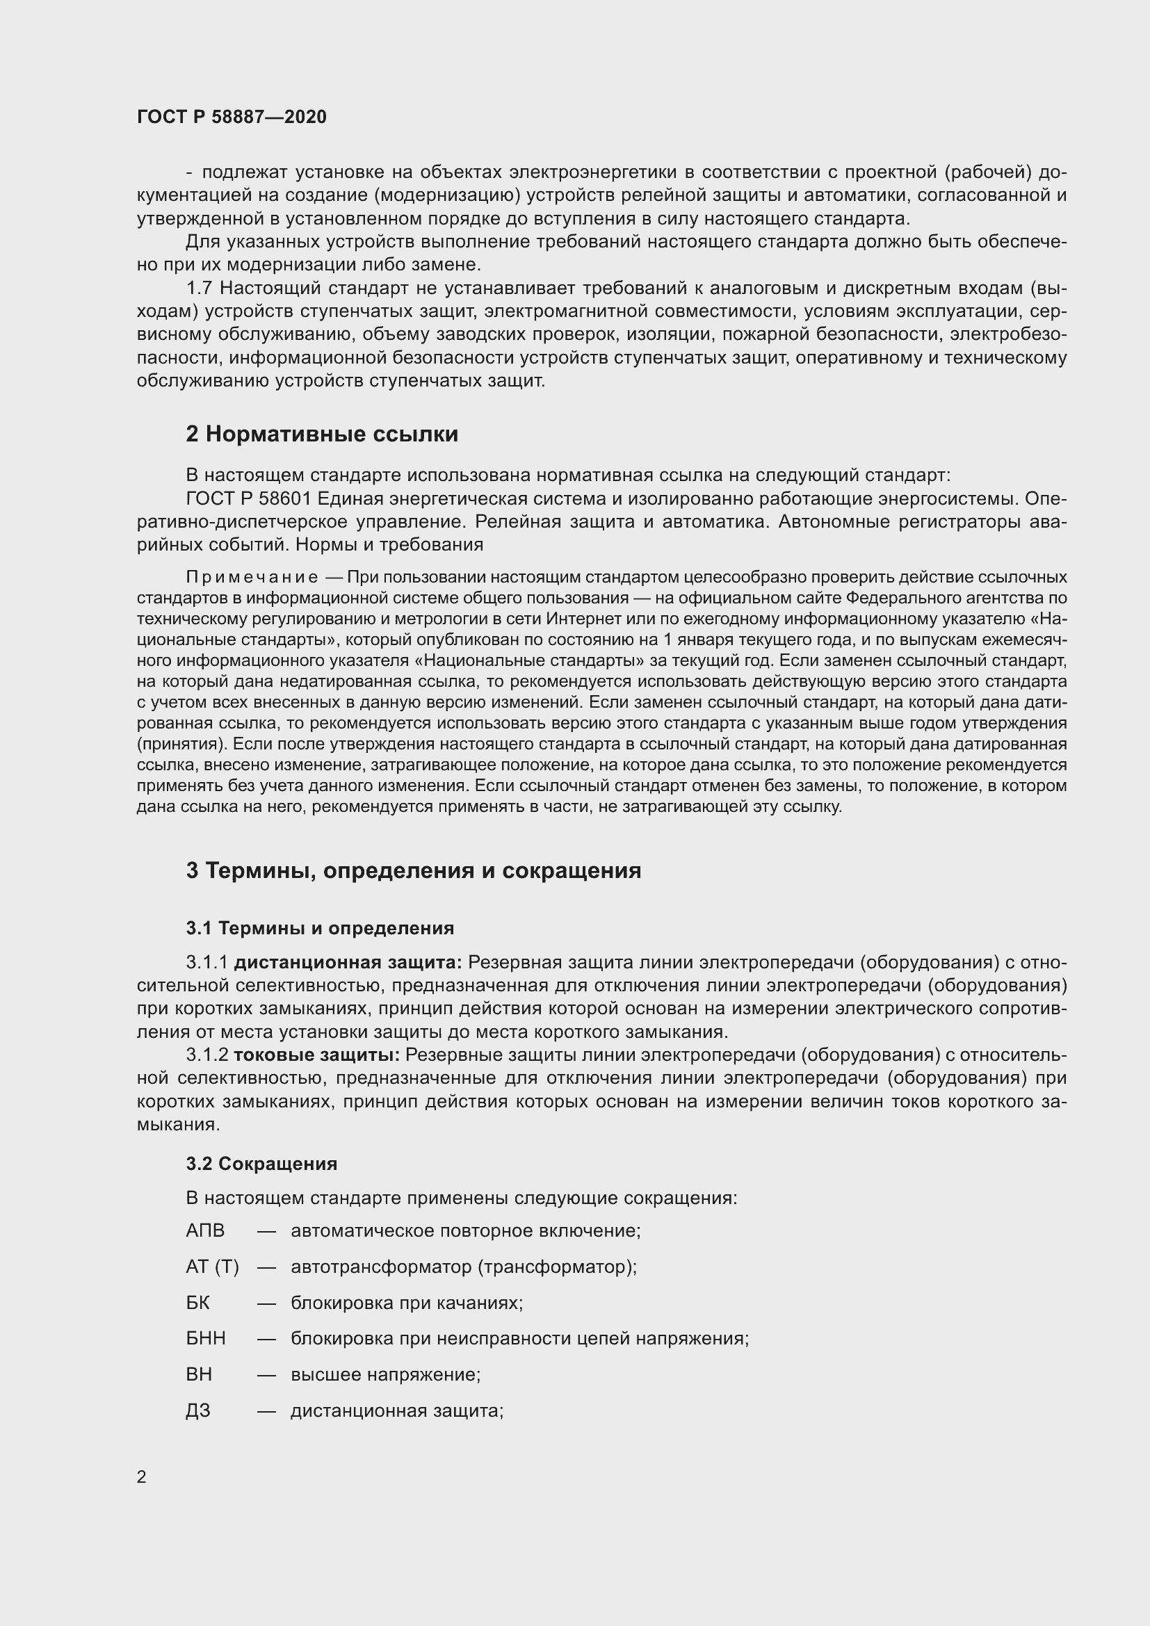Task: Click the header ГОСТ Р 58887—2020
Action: click(x=232, y=117)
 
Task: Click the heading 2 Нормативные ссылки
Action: click(x=321, y=434)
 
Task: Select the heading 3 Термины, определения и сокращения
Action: click(x=413, y=871)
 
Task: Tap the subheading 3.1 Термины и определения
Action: click(x=320, y=928)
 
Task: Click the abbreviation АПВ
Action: click(x=204, y=1231)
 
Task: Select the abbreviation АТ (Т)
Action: click(x=213, y=1267)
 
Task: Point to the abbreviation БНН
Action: click(x=205, y=1338)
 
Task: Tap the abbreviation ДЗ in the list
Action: click(x=197, y=1410)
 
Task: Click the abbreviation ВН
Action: click(x=199, y=1374)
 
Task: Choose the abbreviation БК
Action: click(x=197, y=1303)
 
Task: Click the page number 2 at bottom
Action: click(x=142, y=1477)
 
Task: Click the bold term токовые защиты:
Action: click(x=316, y=1055)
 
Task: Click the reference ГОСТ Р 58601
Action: click(x=248, y=498)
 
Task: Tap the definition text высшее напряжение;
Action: click(x=386, y=1374)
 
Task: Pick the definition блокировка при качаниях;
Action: click(x=407, y=1303)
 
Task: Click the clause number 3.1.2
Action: click(x=206, y=1055)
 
